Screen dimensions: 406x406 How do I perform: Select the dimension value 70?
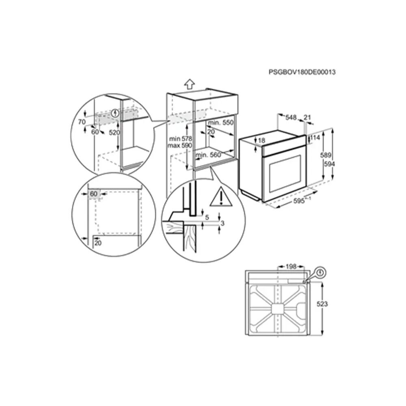point(82,121)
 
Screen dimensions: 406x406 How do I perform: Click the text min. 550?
point(220,123)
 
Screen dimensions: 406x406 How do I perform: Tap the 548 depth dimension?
point(290,118)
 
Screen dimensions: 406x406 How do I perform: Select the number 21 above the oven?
point(307,118)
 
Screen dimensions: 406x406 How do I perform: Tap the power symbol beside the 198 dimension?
point(321,271)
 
